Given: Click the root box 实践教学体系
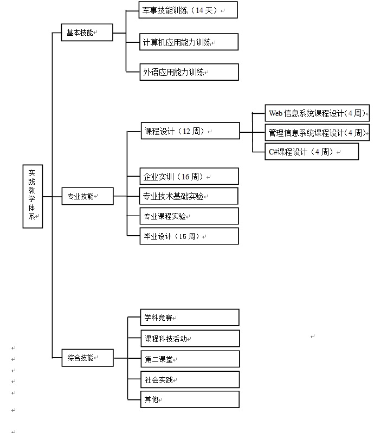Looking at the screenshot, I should [33, 196].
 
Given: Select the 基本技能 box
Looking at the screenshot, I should [87, 33].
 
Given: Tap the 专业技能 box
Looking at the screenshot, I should [87, 196].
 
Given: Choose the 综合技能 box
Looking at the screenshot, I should [87, 358].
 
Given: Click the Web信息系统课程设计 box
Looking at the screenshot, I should [317, 113].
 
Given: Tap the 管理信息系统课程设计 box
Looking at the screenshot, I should [317, 133].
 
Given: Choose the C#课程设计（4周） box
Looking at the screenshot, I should [312, 152].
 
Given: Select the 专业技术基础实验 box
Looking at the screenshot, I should [189, 196].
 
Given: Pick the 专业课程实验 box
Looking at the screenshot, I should [189, 216].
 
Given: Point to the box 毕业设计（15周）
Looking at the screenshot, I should [189, 236].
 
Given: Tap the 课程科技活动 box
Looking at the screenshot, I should [189, 338].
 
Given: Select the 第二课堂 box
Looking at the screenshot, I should [189, 359].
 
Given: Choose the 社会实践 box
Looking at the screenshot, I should [189, 379].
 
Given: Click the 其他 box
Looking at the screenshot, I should [189, 399].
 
